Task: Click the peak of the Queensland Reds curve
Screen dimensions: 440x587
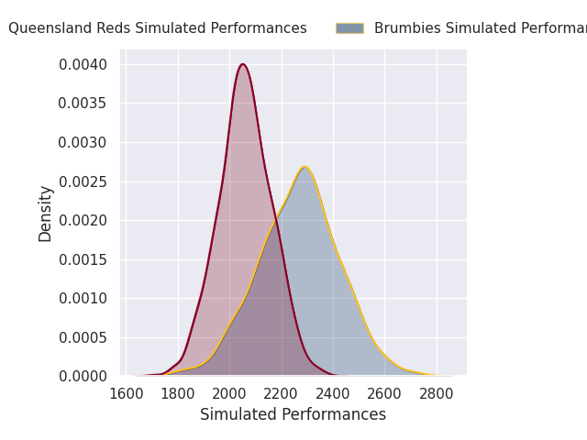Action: tap(242, 64)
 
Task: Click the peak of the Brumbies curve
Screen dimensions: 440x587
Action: tap(305, 167)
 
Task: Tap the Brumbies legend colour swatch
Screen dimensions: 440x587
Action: tap(349, 28)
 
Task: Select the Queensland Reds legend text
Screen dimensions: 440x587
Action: tap(158, 28)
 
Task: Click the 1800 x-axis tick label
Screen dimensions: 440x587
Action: tap(178, 393)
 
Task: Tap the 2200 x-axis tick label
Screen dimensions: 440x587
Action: tap(282, 393)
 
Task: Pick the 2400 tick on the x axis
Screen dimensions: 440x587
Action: tap(333, 393)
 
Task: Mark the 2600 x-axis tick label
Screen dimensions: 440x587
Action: tap(385, 393)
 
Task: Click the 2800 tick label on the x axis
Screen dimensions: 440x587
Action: tap(437, 393)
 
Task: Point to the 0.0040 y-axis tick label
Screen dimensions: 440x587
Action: tap(83, 64)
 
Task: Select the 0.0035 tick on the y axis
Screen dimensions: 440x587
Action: tap(83, 104)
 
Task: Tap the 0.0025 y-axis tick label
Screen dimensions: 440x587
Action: tap(83, 181)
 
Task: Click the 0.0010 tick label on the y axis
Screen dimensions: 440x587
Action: tap(83, 298)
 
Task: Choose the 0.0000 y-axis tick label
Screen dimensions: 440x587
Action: tap(83, 376)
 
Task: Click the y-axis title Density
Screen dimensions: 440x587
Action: tap(45, 214)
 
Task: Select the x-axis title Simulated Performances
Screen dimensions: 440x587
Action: tap(293, 415)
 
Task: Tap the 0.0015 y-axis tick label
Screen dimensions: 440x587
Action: tap(83, 259)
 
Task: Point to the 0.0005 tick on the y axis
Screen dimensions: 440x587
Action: tap(83, 337)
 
